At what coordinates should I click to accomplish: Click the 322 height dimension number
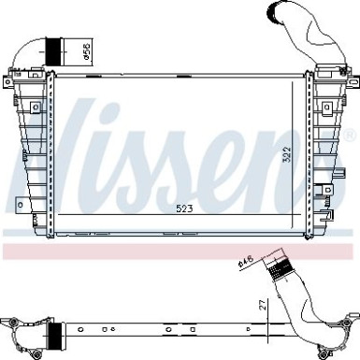290,154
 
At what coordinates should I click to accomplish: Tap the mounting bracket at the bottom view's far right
349,336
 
